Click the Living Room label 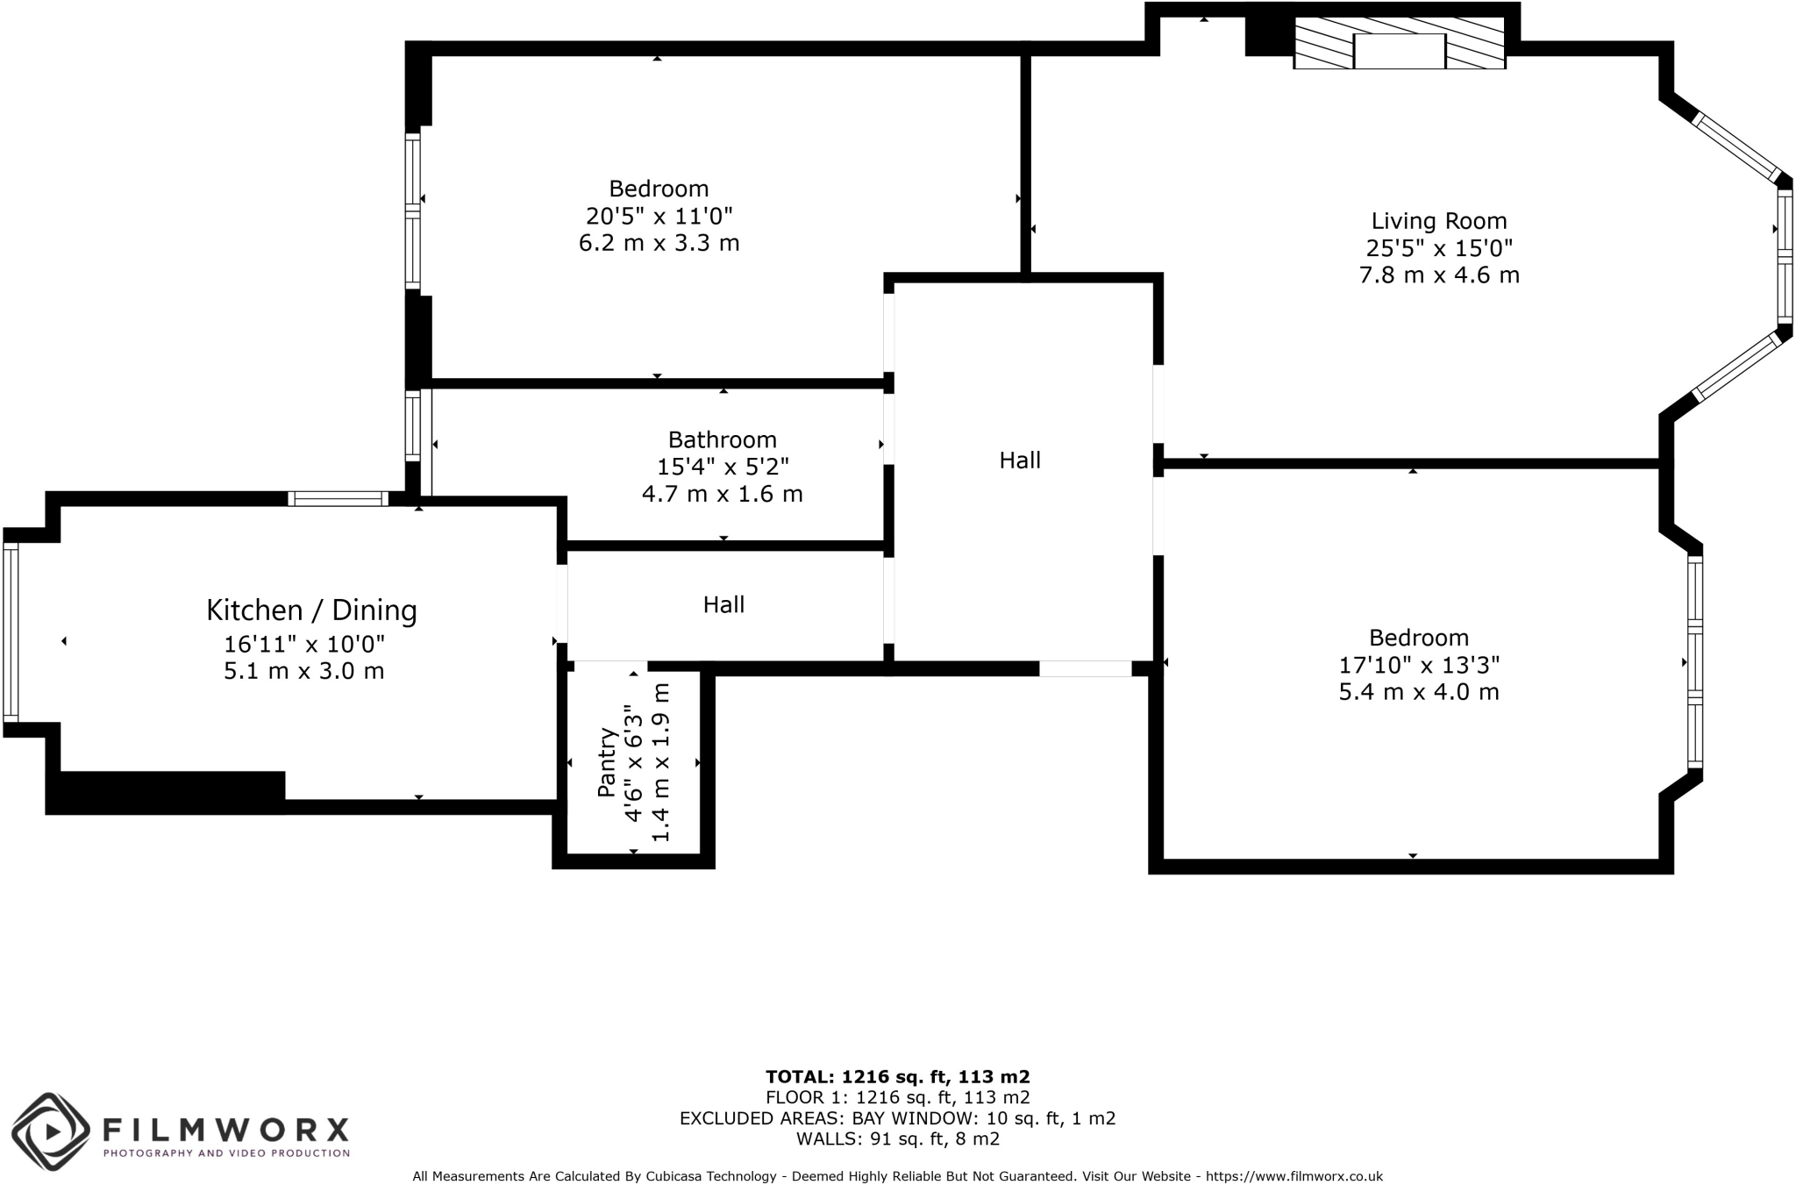pos(1438,221)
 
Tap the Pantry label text pos(606,762)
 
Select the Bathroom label pos(722,439)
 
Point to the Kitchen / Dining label pos(311,610)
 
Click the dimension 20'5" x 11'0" pos(659,216)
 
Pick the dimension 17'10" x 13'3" pos(1418,665)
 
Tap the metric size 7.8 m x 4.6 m pos(1438,275)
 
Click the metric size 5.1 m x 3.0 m pos(303,671)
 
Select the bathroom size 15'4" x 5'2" pos(723,467)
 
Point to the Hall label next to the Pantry pos(723,604)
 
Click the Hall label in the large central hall pos(1020,460)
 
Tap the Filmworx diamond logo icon pos(51,1131)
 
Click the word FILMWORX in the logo pos(226,1129)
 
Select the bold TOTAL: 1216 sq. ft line pos(897,1077)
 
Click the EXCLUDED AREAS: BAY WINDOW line pos(897,1118)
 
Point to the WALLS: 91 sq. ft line pos(897,1139)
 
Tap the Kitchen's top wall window pos(338,499)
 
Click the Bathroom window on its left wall pos(412,425)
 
